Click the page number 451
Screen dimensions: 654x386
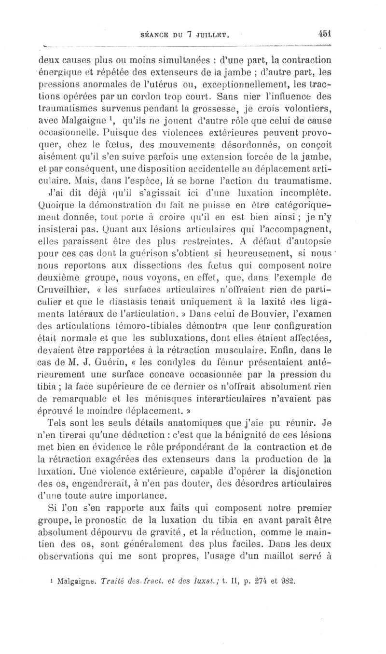coord(325,34)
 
